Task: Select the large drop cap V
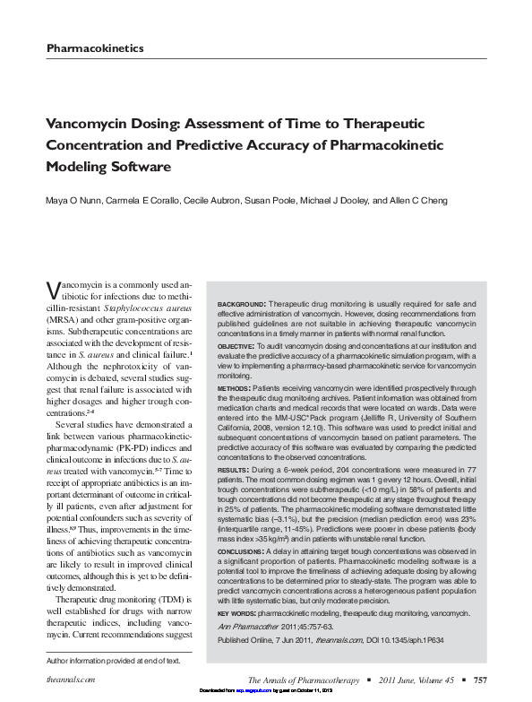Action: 53,290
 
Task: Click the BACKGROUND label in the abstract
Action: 240,306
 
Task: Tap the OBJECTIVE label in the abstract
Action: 237,345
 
